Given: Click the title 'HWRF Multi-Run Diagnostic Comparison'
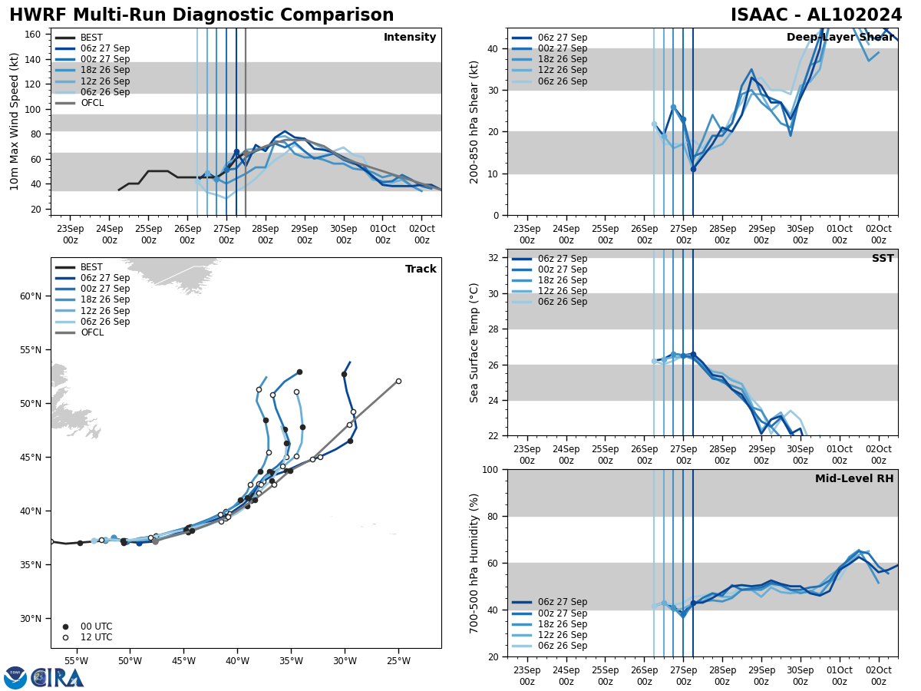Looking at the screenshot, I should [201, 15].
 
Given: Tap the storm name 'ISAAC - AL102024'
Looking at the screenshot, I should [816, 15].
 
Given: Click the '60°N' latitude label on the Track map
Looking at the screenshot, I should [30, 296].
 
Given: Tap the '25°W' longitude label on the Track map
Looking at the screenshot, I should [398, 661].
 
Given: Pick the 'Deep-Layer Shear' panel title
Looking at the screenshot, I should [840, 38].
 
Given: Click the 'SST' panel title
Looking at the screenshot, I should [883, 259].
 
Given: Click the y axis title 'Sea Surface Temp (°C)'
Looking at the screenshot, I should [475, 342].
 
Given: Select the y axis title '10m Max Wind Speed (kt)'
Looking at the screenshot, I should [15, 121].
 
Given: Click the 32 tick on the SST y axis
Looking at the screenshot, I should [496, 258].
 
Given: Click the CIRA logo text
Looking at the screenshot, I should [58, 678].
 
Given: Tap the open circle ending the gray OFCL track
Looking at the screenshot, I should [398, 381].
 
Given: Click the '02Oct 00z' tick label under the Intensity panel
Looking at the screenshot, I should [421, 234].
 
